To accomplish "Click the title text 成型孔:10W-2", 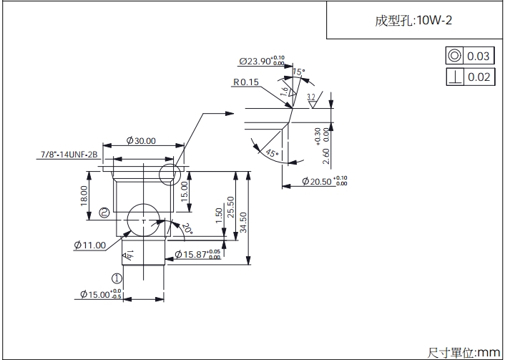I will coord(413,20).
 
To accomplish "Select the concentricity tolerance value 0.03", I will coord(479,57).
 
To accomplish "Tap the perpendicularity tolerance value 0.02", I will coord(479,77).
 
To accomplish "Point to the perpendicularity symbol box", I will coord(454,77).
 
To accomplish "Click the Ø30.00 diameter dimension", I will coord(141,141).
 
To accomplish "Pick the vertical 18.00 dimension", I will coord(84,194).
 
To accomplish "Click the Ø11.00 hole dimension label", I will coord(89,245).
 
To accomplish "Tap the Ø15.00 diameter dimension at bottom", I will coord(99,294).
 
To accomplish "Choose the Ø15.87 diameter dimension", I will coord(198,255).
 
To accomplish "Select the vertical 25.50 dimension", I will coord(230,208).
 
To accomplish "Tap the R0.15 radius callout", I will coord(245,82).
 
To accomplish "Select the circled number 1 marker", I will coord(117,278).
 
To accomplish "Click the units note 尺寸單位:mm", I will coord(464,352).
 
